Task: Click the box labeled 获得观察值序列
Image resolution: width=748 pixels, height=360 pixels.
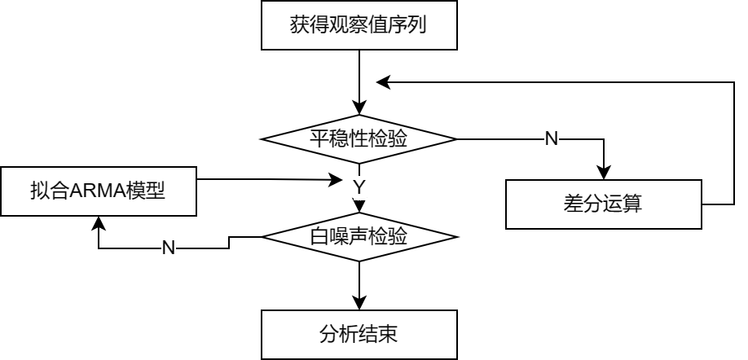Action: (359, 25)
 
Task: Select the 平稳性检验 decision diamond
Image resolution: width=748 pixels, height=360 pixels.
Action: (359, 139)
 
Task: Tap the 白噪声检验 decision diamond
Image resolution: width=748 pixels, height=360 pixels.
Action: (359, 237)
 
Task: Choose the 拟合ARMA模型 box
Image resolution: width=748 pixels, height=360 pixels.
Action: (98, 191)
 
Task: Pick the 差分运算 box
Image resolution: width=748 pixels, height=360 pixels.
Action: (603, 204)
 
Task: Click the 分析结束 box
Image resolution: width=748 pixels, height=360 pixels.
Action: (359, 334)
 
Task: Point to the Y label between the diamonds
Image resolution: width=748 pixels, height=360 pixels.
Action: (359, 188)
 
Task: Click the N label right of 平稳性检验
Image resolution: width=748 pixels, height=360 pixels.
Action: (552, 139)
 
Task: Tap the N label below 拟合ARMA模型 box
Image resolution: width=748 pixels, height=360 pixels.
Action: (169, 248)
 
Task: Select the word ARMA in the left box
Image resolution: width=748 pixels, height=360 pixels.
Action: (97, 191)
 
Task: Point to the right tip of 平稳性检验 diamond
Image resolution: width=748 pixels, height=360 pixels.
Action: (451, 139)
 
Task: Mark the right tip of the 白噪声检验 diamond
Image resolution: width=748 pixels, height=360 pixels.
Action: (451, 237)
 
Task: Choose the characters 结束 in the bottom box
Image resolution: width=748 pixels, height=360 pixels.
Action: (379, 334)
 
